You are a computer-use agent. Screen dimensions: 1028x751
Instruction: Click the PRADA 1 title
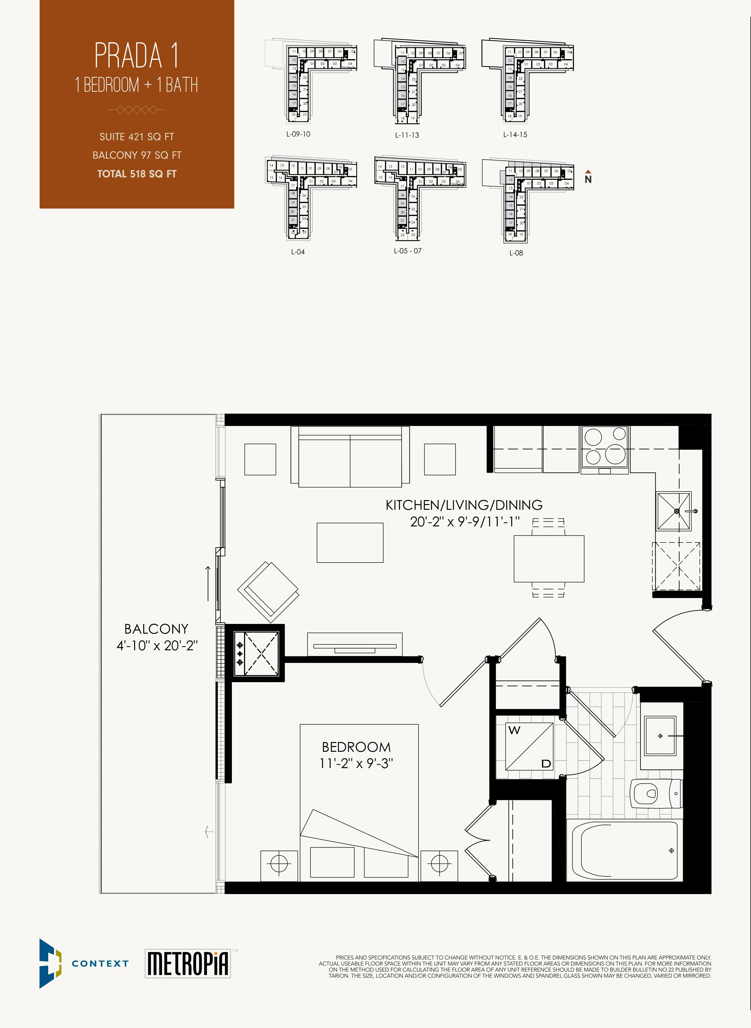(136, 55)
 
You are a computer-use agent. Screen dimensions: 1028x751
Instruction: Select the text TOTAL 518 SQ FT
(137, 174)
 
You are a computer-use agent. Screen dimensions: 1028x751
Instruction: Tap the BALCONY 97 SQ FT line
(137, 155)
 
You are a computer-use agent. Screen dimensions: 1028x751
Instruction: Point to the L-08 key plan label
(516, 253)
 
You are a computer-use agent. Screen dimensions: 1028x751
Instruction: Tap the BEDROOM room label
(356, 746)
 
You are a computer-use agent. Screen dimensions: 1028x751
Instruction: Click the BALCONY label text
(156, 629)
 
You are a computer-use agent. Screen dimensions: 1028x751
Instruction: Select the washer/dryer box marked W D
(530, 746)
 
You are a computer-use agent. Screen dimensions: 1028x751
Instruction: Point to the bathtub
(625, 851)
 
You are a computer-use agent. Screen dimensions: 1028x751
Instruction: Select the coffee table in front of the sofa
(350, 542)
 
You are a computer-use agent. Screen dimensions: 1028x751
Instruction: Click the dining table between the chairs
(549, 558)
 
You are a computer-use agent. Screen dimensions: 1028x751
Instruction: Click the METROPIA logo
(188, 963)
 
